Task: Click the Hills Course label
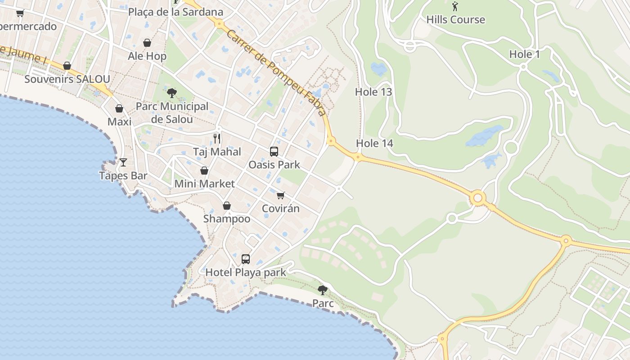point(455,20)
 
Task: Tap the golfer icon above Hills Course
point(455,7)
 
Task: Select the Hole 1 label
point(524,54)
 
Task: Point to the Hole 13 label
point(373,92)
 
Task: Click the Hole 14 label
point(374,144)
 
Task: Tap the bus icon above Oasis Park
point(274,152)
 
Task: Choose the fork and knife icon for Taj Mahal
point(217,138)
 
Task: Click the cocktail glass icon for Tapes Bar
point(123,162)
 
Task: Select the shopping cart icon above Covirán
point(281,195)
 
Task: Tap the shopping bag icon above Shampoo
point(227,206)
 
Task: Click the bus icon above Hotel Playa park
point(246,259)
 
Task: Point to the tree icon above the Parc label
point(323,290)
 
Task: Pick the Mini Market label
point(204,184)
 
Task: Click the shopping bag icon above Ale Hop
point(147,43)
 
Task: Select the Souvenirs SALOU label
point(67,79)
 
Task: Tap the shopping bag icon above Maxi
point(119,108)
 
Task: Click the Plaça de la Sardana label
point(175,12)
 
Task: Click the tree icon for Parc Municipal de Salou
point(171,93)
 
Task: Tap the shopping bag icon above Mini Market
point(204,171)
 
